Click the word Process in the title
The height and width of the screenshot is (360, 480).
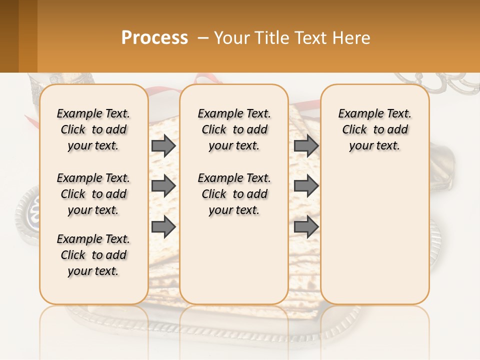(x=154, y=37)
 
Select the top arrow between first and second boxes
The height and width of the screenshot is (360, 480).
(x=163, y=145)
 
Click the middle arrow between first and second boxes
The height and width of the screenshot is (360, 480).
(x=163, y=186)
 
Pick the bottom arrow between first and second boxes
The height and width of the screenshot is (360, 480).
(x=163, y=227)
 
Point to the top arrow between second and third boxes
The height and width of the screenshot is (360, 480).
(x=306, y=145)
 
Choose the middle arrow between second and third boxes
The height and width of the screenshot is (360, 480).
(x=306, y=186)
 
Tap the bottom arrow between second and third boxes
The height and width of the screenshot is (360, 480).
(x=306, y=227)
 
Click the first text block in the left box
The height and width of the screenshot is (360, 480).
(x=93, y=129)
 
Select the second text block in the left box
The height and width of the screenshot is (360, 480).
(x=93, y=194)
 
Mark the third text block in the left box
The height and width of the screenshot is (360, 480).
(x=93, y=255)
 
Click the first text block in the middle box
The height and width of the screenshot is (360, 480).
(x=234, y=129)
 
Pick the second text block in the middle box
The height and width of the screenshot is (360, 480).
(x=234, y=194)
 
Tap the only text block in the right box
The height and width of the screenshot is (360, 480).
(x=375, y=129)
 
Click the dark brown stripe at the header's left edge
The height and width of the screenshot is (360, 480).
(x=9, y=36)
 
